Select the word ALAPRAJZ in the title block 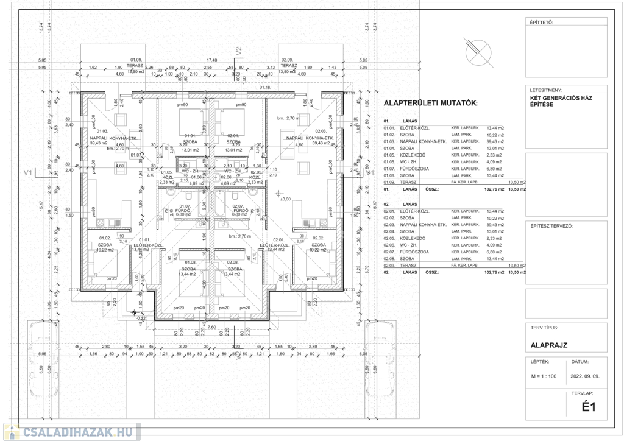[x=549, y=345]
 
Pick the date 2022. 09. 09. [x=586, y=376]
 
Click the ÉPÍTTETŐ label [x=542, y=23]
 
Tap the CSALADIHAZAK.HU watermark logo [x=72, y=432]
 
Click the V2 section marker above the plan [x=239, y=50]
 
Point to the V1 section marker [x=27, y=172]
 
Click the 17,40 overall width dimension [x=212, y=60]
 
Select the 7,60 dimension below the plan [x=212, y=328]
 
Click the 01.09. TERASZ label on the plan [x=135, y=64]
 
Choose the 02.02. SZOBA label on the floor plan [x=318, y=242]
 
